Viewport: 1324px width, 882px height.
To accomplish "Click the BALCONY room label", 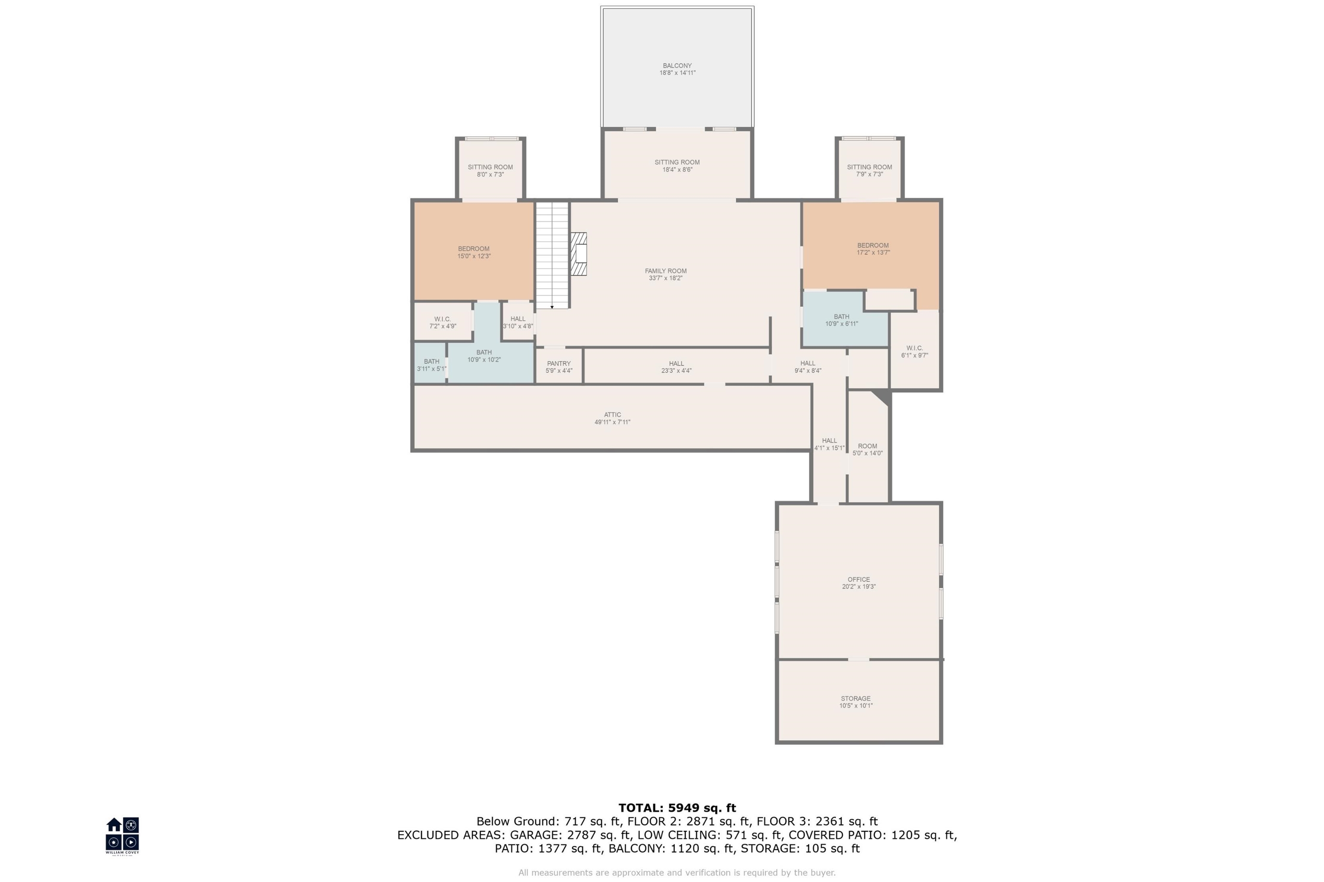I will click(677, 66).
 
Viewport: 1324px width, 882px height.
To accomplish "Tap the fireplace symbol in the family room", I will click(578, 254).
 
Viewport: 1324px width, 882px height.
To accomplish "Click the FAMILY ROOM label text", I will click(665, 271).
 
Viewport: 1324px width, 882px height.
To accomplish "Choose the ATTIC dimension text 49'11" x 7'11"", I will click(612, 422).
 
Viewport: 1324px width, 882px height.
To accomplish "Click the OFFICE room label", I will click(858, 580).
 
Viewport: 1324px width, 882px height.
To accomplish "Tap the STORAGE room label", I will click(855, 698).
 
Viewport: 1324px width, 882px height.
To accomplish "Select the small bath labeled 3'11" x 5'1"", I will click(431, 365).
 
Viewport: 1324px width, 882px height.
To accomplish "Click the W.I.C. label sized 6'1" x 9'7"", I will click(914, 352).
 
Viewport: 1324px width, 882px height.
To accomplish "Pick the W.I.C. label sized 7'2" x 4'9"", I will click(442, 322).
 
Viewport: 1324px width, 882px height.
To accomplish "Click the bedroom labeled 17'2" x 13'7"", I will click(872, 249).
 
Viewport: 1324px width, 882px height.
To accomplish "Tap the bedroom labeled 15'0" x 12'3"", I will click(473, 252).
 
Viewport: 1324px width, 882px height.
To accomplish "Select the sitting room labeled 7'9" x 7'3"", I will click(869, 171).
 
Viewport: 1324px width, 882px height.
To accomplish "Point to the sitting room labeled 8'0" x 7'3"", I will click(490, 171).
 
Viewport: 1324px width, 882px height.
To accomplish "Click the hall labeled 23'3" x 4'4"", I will click(676, 367).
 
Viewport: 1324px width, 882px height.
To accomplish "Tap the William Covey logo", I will click(122, 834).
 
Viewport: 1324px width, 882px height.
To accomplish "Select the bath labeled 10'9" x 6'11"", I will click(841, 320).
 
